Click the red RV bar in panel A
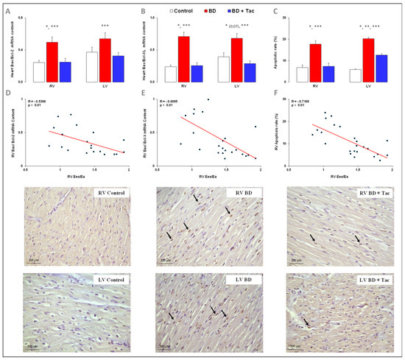(x=52, y=63)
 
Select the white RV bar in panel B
(x=169, y=74)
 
